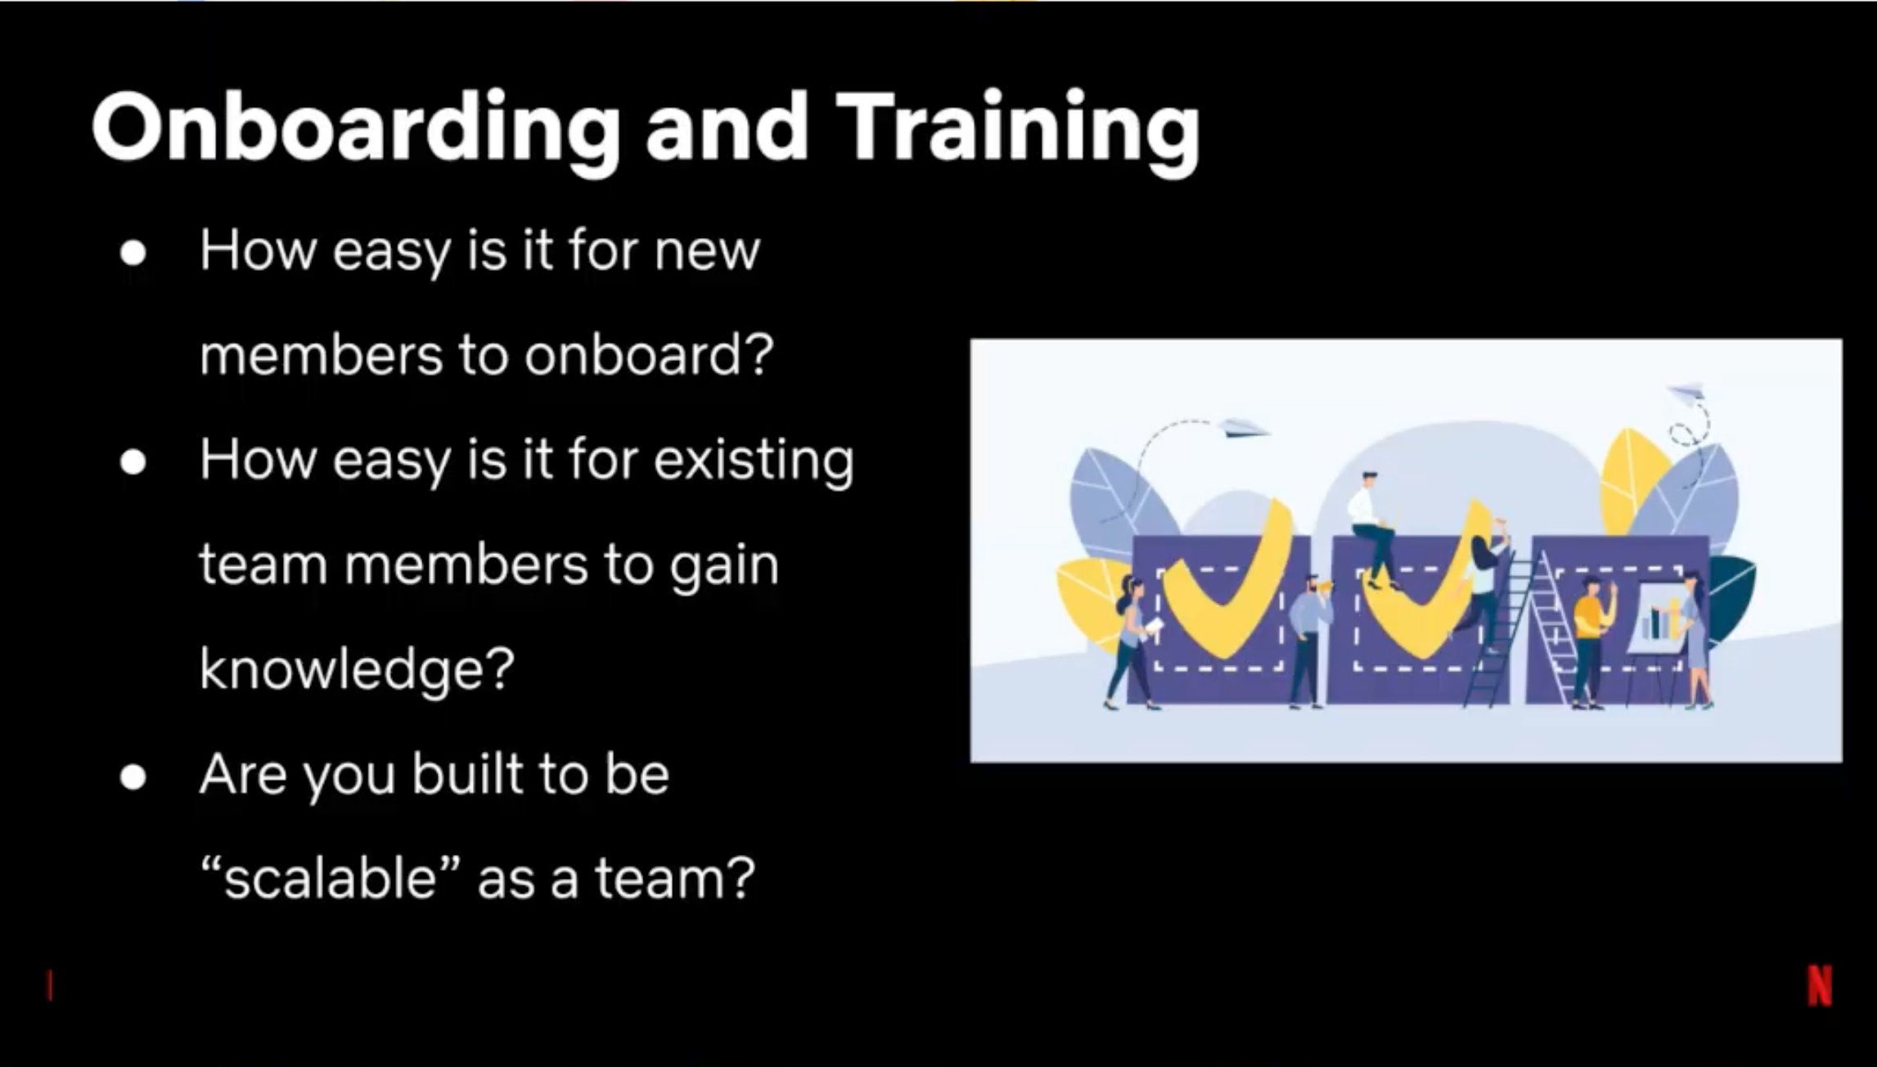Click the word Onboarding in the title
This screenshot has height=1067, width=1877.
pos(355,129)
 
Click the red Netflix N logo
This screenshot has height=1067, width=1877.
pos(1820,986)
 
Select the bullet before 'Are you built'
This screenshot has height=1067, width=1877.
pos(133,777)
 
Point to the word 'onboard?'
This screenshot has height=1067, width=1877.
pos(649,355)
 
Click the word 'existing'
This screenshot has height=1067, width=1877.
pos(754,460)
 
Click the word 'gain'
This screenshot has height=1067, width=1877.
pos(724,566)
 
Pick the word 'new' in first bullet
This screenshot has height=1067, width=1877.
pos(707,252)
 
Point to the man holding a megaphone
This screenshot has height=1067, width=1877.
pos(1308,642)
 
